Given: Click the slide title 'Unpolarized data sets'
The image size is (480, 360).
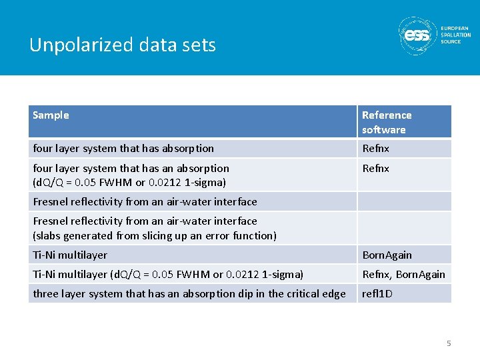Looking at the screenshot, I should [x=123, y=45].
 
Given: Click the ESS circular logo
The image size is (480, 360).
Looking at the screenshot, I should [x=417, y=35].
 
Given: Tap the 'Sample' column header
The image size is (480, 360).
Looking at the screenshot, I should [x=51, y=115].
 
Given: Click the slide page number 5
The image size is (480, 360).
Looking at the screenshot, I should [x=449, y=343].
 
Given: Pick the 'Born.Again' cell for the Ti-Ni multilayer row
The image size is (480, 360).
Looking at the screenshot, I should [x=387, y=255].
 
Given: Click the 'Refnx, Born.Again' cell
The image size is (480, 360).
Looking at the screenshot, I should [x=403, y=274].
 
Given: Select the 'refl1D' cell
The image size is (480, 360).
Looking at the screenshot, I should [x=377, y=293].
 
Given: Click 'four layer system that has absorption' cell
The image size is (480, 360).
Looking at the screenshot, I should [x=123, y=149].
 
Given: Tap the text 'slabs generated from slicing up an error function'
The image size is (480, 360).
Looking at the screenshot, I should [x=154, y=235].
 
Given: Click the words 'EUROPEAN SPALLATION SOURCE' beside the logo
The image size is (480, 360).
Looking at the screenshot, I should [x=455, y=35].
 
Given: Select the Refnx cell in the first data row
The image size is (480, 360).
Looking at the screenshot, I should [x=375, y=149].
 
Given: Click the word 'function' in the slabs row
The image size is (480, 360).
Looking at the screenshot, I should [x=253, y=235].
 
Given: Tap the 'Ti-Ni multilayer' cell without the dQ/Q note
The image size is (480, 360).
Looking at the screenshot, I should [x=70, y=255].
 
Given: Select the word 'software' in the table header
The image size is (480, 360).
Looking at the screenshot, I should [x=383, y=129].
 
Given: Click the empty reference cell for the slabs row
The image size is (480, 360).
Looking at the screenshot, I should [x=404, y=228].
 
